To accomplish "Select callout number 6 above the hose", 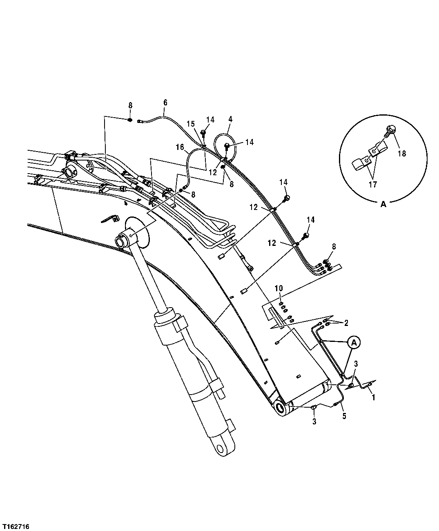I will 165,103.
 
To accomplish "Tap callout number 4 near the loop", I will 230,119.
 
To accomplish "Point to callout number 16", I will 181,147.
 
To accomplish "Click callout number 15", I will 191,123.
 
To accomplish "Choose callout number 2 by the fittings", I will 346,323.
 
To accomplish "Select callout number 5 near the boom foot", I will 344,417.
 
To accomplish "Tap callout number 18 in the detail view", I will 402,154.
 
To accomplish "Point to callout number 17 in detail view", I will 372,184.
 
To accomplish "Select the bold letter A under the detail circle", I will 383,205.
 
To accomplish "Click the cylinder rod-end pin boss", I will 124,240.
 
